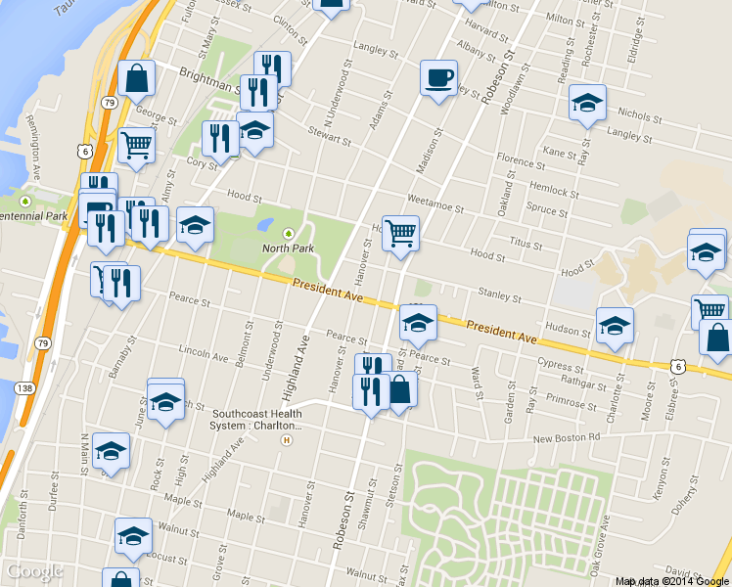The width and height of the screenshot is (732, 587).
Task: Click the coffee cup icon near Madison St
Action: click(438, 76)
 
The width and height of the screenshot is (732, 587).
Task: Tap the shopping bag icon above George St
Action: click(136, 79)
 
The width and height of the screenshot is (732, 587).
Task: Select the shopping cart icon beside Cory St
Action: click(136, 146)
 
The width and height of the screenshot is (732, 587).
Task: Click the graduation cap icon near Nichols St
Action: click(587, 103)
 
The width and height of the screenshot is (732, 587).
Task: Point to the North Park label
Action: click(288, 248)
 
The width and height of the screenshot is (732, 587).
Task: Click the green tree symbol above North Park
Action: click(288, 233)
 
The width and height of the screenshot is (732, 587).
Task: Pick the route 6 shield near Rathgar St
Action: click(677, 365)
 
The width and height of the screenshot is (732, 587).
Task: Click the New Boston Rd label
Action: click(566, 438)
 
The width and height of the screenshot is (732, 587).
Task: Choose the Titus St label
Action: click(526, 241)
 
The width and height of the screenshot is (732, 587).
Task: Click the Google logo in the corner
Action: click(34, 571)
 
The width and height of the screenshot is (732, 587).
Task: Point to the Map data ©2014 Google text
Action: click(671, 581)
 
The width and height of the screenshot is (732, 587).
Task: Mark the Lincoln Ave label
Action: click(204, 349)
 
